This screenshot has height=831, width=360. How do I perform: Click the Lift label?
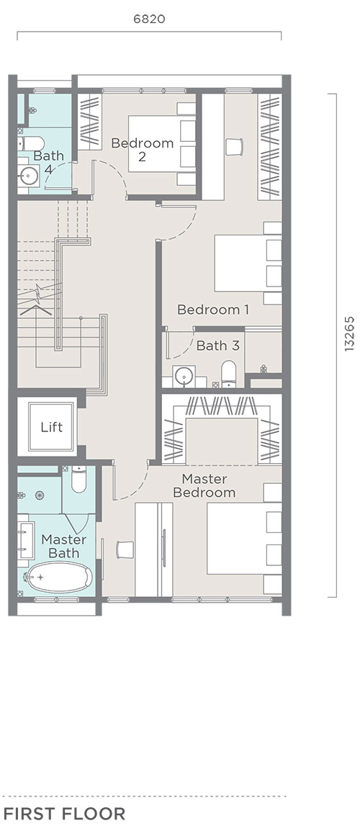pyautogui.click(x=51, y=427)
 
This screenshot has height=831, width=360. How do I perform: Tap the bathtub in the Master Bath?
pyautogui.click(x=58, y=578)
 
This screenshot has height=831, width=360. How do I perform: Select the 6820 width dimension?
pyautogui.click(x=149, y=19)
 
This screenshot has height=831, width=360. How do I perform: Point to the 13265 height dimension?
pyautogui.click(x=349, y=334)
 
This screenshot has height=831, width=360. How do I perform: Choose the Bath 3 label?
pyautogui.click(x=218, y=346)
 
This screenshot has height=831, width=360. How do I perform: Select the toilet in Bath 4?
pyautogui.click(x=32, y=143)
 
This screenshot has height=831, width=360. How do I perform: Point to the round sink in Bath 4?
pyautogui.click(x=27, y=176)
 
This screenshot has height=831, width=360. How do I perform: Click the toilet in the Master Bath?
pyautogui.click(x=79, y=479)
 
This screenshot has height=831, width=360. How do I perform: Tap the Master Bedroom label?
pyautogui.click(x=204, y=485)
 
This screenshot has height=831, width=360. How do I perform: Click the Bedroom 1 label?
pyautogui.click(x=212, y=310)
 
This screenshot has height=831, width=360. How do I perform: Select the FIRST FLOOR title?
pyautogui.click(x=64, y=814)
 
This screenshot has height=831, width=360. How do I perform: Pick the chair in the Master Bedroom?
pyautogui.click(x=125, y=549)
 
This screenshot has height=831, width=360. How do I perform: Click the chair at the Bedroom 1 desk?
pyautogui.click(x=234, y=147)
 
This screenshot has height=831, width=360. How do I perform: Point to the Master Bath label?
pyautogui.click(x=63, y=547)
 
